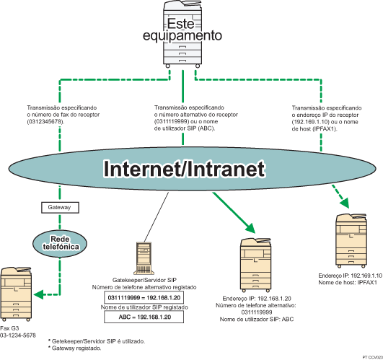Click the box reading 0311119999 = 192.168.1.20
click(x=146, y=297)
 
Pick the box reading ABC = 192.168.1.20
click(x=146, y=317)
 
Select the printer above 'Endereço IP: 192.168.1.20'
click(x=256, y=263)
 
